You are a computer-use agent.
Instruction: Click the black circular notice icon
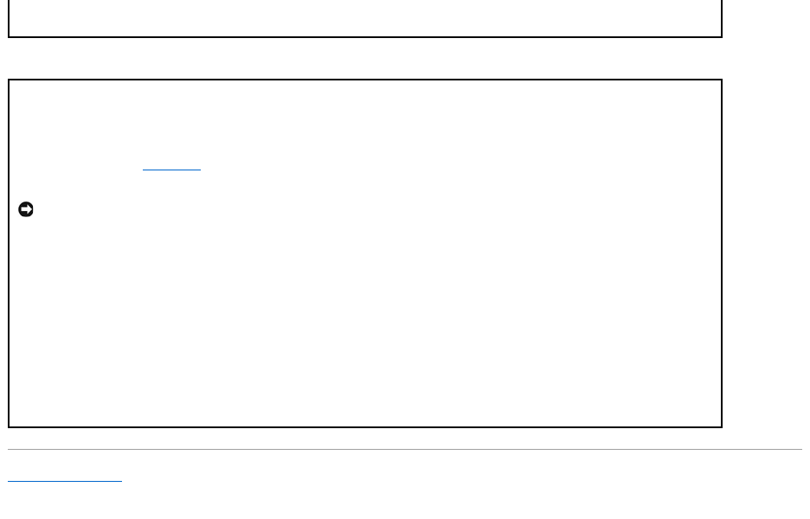click(x=26, y=209)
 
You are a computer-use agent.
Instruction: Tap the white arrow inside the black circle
click(x=26, y=209)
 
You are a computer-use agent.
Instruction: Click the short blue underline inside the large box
click(x=171, y=170)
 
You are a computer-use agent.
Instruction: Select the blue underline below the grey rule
click(x=65, y=481)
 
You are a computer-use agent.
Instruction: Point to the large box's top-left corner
click(x=9, y=80)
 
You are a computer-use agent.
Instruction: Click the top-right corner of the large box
click(x=722, y=80)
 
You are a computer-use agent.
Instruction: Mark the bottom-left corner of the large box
click(x=9, y=426)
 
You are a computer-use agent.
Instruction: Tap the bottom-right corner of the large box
click(x=722, y=426)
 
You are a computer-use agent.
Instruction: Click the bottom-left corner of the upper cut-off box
click(x=9, y=36)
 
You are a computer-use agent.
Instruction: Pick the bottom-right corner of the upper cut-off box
click(x=722, y=36)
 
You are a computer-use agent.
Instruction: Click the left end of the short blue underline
click(x=143, y=170)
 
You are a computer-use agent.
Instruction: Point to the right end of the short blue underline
click(x=200, y=170)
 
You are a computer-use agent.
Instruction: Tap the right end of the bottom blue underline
click(x=122, y=481)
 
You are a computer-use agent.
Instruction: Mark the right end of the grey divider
click(x=801, y=449)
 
